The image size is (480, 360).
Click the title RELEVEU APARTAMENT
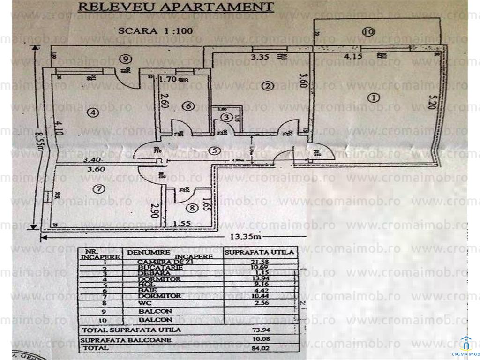pos(175,7)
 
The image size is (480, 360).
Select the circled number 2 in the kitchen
pos(268,86)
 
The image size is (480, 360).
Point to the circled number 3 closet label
pos(226,116)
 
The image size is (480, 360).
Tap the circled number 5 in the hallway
pos(215,151)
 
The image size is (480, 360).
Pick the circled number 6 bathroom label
pos(189,107)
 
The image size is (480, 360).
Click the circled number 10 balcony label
pos(368,32)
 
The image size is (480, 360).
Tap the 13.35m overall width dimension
pos(248,236)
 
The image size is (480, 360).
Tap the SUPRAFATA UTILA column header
pos(260,252)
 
